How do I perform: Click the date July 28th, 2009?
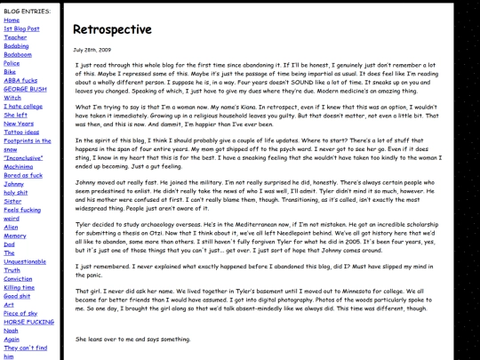tap(91, 50)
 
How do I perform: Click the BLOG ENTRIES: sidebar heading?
tap(27, 10)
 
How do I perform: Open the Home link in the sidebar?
tap(12, 20)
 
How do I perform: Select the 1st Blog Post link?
tap(21, 28)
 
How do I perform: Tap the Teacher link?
tap(16, 37)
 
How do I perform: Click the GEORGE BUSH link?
tap(24, 89)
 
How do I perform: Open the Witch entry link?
tap(13, 97)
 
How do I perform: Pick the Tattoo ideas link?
tap(21, 132)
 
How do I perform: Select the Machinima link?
tap(19, 166)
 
